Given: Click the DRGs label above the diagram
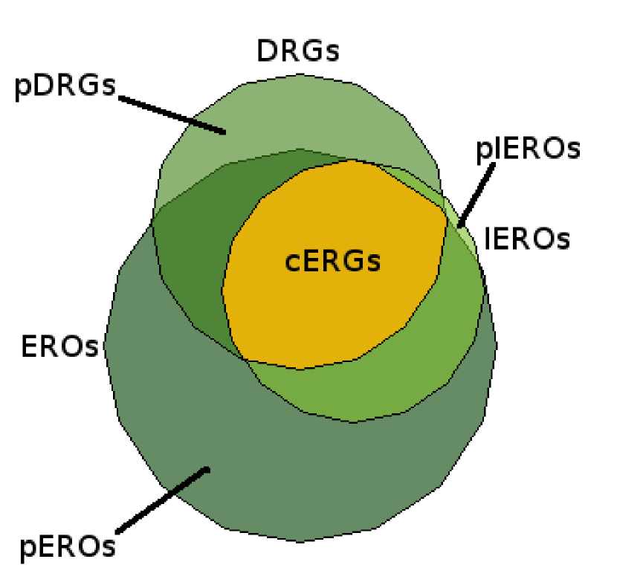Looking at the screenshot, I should (x=297, y=51).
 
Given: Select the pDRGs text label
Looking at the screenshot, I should (x=65, y=85).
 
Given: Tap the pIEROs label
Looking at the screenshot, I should (x=527, y=149).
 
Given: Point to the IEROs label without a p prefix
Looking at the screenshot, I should (x=528, y=239).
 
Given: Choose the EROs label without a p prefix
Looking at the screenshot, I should (x=60, y=346).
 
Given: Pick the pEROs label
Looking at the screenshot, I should (x=68, y=546).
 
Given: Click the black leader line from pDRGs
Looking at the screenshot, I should (x=171, y=114).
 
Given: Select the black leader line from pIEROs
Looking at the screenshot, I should (x=477, y=193).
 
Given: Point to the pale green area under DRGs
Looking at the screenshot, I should (x=297, y=112).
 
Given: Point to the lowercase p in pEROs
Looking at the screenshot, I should (x=28, y=549).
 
